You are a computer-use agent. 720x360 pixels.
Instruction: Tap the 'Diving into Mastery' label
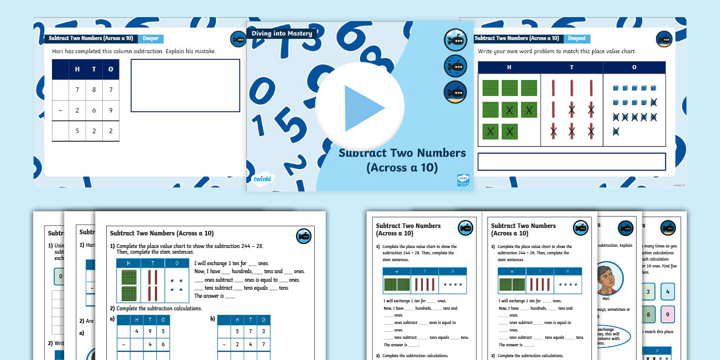[282, 34]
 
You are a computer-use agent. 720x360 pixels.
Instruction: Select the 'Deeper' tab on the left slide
[150, 39]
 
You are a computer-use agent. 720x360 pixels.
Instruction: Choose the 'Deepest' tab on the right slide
[577, 39]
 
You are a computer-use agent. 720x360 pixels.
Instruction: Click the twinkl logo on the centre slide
[263, 179]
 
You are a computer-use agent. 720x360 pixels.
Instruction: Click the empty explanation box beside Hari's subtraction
[185, 86]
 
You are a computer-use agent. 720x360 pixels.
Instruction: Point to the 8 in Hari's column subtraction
[94, 90]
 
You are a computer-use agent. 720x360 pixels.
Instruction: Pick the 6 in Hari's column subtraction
[94, 110]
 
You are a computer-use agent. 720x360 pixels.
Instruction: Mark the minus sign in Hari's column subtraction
[61, 110]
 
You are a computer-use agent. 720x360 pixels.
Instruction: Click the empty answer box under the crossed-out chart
[571, 162]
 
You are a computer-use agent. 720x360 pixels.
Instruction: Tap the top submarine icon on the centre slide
[455, 40]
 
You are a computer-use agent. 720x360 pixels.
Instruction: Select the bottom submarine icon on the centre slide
[455, 91]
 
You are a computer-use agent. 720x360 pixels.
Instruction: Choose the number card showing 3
[647, 292]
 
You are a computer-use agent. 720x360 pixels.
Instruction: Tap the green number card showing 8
[647, 314]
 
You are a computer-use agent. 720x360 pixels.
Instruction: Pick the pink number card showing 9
[667, 314]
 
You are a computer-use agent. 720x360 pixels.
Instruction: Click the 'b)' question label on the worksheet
[213, 318]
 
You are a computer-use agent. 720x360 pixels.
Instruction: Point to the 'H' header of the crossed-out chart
[509, 67]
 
